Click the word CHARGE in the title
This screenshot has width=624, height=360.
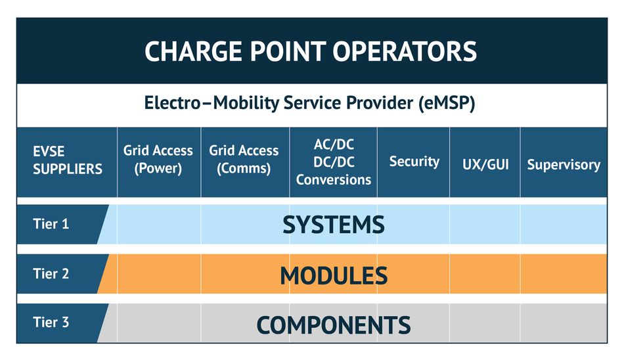point(193,51)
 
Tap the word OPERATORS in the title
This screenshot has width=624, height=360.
point(405,51)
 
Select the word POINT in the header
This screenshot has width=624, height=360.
point(288,51)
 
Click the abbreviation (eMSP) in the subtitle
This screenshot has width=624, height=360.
point(447,103)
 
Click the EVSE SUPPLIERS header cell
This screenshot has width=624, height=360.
point(67,160)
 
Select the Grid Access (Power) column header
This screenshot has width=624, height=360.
point(158,159)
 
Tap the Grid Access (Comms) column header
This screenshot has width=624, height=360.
point(244,159)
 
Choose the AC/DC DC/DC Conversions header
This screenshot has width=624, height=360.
point(334,162)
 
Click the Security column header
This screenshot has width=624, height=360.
point(414,162)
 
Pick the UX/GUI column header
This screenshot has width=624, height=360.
point(485,164)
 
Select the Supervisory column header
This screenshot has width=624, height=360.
point(564,164)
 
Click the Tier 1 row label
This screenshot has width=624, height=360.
point(51,224)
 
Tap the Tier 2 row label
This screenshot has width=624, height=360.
point(51,273)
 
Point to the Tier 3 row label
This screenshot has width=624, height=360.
point(51,322)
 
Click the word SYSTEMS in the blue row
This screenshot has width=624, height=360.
point(334,225)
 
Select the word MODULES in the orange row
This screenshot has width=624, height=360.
point(334,275)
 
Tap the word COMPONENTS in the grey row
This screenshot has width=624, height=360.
point(334,325)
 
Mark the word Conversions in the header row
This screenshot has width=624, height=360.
point(334,179)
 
